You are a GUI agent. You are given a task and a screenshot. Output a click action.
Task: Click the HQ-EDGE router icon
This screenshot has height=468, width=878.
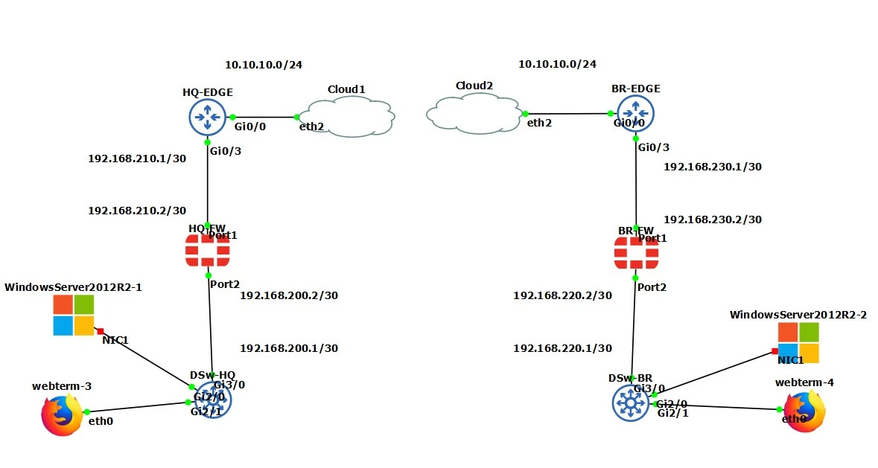pyautogui.click(x=207, y=118)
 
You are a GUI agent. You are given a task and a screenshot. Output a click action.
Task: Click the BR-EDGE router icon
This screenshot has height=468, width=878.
pyautogui.click(x=635, y=114)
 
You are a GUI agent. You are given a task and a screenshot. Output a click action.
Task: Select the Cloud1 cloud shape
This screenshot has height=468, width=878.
pyautogui.click(x=351, y=117)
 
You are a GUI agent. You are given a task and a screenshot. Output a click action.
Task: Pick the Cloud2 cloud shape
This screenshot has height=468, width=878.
pyautogui.click(x=474, y=114)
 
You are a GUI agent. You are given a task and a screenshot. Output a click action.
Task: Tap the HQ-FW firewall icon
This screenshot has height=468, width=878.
pyautogui.click(x=207, y=251)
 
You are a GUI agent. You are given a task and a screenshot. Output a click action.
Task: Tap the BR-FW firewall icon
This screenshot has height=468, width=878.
pyautogui.click(x=636, y=253)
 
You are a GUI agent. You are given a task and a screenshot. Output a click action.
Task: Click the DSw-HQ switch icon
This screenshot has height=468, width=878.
pyautogui.click(x=213, y=400)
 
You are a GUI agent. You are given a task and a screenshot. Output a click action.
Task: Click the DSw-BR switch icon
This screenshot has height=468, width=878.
pyautogui.click(x=631, y=403)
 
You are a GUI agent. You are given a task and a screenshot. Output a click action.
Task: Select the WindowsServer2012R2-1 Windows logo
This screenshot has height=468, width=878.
pyautogui.click(x=74, y=315)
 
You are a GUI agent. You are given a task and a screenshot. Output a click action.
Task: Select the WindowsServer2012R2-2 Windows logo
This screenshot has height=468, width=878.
pyautogui.click(x=798, y=343)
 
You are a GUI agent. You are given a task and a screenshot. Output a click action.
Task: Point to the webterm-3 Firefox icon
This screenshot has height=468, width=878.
pyautogui.click(x=62, y=414)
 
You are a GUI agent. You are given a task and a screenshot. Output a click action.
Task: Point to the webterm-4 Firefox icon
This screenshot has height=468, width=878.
pyautogui.click(x=804, y=412)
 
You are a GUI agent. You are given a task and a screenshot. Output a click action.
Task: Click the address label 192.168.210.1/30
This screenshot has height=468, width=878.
pyautogui.click(x=137, y=158)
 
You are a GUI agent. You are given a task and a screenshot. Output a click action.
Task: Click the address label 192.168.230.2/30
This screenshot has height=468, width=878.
pyautogui.click(x=713, y=219)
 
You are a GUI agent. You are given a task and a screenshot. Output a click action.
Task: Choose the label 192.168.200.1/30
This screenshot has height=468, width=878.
pyautogui.click(x=289, y=347)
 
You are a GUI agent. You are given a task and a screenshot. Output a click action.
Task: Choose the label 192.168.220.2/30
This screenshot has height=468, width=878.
pyautogui.click(x=563, y=295)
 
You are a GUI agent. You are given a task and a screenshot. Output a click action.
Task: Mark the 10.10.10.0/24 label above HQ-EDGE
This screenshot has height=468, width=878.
pyautogui.click(x=264, y=65)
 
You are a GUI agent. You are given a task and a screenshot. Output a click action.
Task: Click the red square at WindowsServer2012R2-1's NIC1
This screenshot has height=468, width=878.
pyautogui.click(x=101, y=332)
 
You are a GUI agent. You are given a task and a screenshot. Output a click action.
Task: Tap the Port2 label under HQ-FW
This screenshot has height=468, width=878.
pyautogui.click(x=225, y=284)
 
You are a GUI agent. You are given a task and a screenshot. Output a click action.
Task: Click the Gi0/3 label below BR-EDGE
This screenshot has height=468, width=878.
pyautogui.click(x=654, y=147)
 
